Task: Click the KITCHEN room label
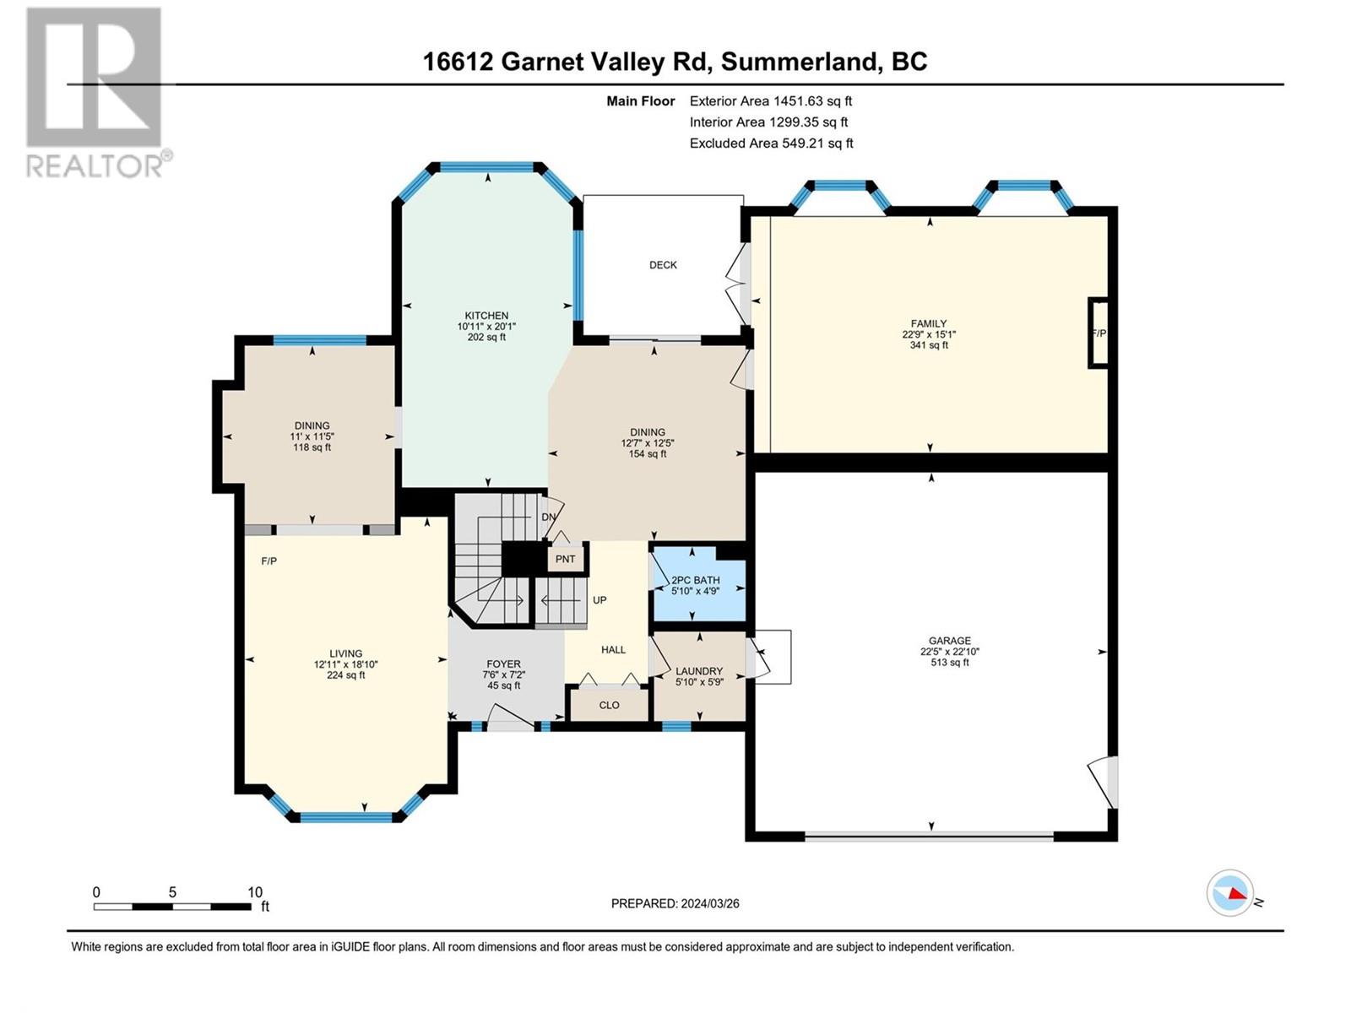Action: coord(486,316)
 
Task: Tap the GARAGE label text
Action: coord(950,640)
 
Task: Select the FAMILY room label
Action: coord(929,323)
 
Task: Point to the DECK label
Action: coord(663,265)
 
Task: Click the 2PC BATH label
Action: coord(696,580)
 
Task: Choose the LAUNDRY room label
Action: coord(698,671)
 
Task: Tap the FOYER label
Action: coord(503,664)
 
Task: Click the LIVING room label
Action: coord(346,653)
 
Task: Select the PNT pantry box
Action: coord(565,560)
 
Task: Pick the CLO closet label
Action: coord(610,706)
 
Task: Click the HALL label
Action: coord(613,649)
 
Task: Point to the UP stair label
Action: coord(600,599)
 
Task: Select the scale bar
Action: coord(172,907)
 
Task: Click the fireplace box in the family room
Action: coord(1098,333)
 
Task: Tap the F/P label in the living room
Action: coord(269,561)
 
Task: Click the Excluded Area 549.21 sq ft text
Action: coord(771,144)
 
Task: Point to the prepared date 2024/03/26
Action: coord(709,903)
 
